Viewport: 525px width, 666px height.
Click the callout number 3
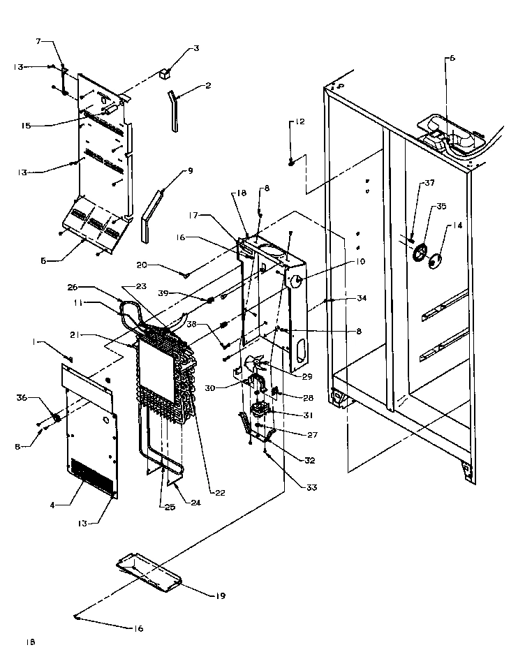point(196,48)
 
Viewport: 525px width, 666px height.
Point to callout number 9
point(190,171)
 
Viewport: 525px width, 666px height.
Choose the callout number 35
point(441,207)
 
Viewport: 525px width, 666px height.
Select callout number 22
point(220,493)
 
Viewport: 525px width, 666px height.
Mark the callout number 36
point(21,397)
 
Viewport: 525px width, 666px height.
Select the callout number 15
point(26,126)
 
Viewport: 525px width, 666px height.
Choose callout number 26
point(92,286)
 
